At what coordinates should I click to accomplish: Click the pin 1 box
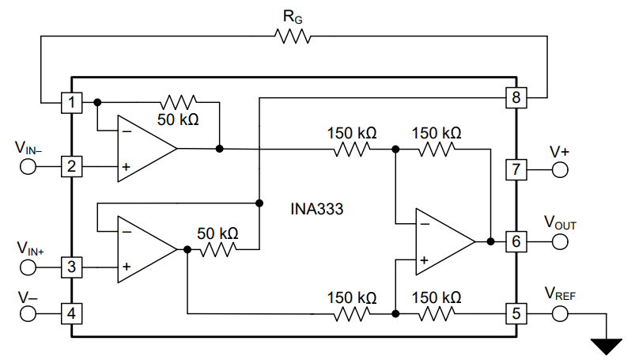[x=72, y=102]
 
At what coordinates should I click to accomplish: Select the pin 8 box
[x=516, y=98]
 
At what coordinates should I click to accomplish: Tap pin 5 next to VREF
[x=516, y=313]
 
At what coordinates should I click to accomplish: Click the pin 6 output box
[x=516, y=242]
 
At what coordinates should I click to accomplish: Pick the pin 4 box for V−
[x=72, y=313]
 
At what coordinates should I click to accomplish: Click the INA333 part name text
[x=317, y=210]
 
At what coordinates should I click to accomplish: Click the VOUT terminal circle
[x=560, y=242]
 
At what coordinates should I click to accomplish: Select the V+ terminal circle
[x=560, y=169]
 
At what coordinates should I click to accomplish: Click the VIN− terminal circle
[x=28, y=167]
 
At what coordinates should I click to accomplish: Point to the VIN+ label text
[x=29, y=248]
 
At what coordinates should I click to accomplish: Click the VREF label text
[x=560, y=292]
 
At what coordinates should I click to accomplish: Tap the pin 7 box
[x=516, y=169]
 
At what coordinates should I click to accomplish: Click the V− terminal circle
[x=28, y=313]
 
